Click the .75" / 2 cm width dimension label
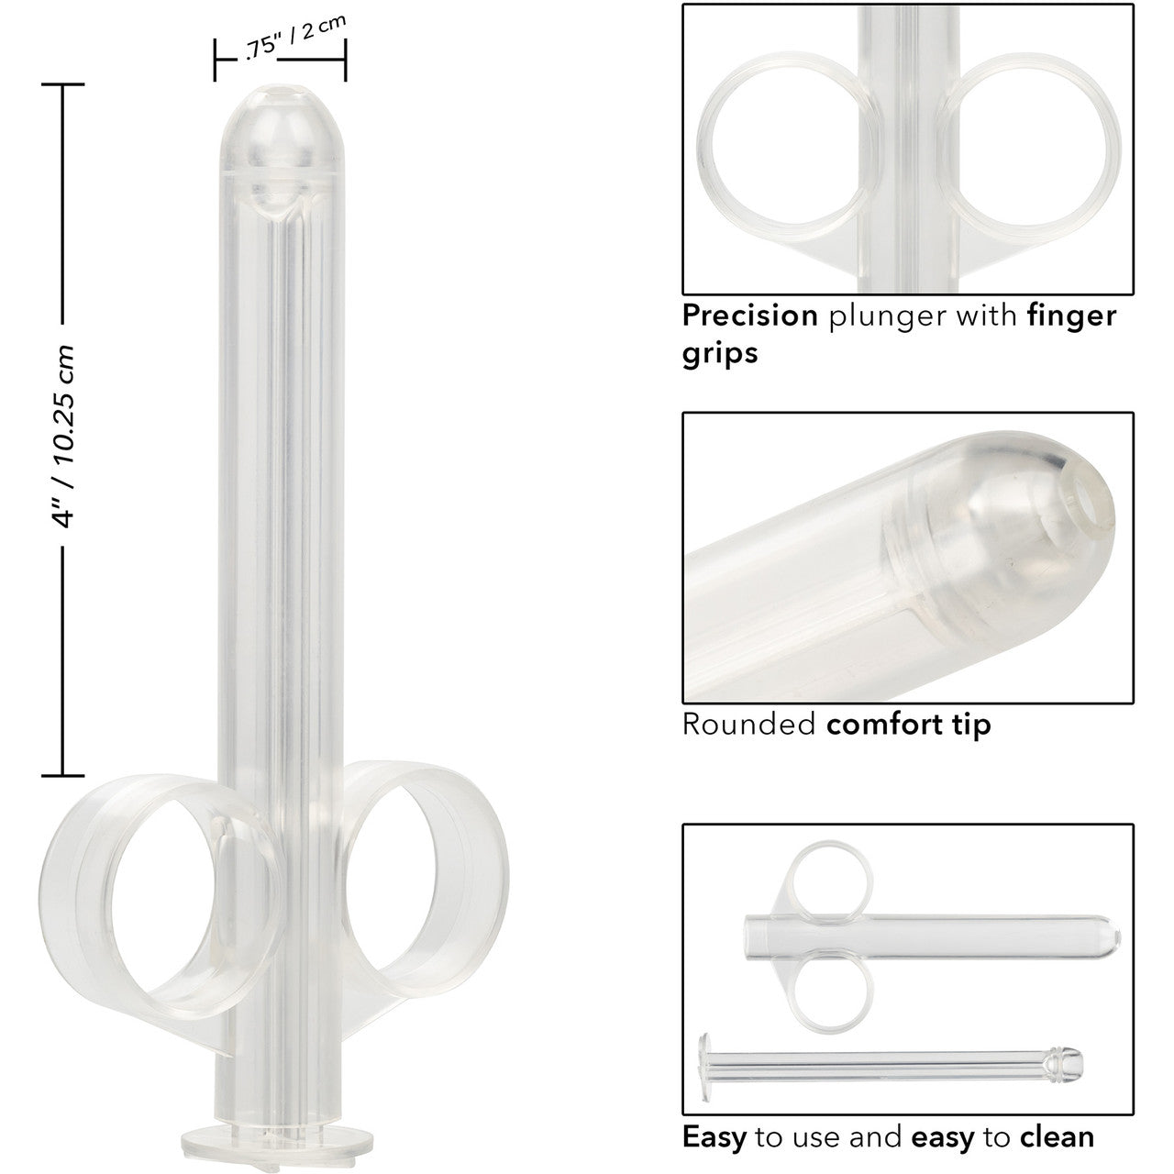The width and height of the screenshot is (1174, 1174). [295, 38]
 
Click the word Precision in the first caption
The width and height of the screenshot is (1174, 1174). [749, 316]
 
